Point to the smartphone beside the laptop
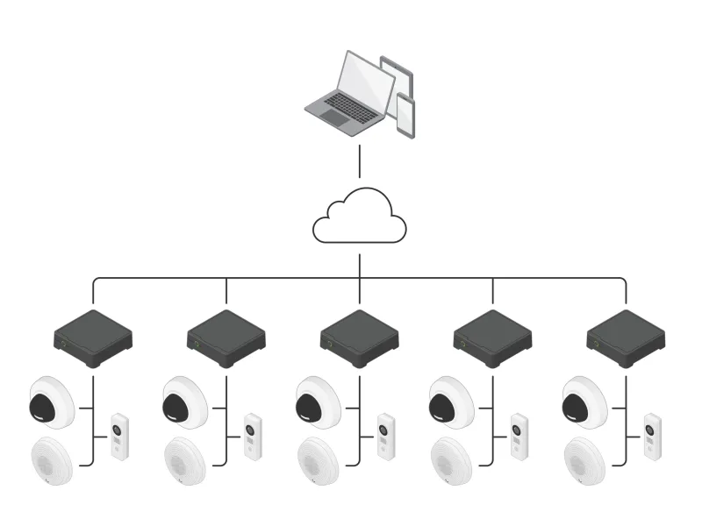[x=405, y=115]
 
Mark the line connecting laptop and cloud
[x=360, y=162]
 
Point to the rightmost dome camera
[x=585, y=402]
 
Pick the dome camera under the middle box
[x=319, y=402]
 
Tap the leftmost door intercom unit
[x=119, y=437]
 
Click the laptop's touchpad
[x=334, y=117]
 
